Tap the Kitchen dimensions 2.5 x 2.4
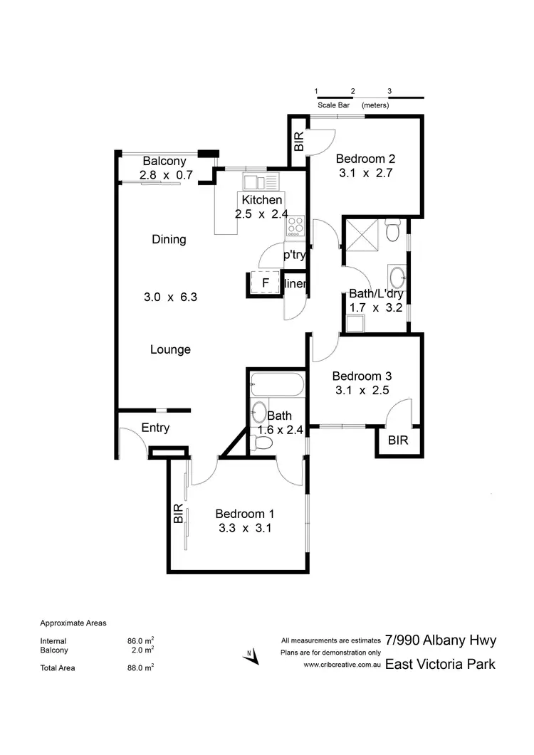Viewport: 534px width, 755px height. click(261, 213)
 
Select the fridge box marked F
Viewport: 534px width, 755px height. click(265, 283)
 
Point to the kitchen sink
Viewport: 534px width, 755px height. click(253, 181)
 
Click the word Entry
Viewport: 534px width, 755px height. click(155, 428)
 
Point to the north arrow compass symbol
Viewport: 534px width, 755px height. click(249, 656)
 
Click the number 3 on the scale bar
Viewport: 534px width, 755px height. click(389, 91)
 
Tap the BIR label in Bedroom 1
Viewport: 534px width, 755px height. click(178, 514)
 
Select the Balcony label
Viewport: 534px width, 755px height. click(164, 161)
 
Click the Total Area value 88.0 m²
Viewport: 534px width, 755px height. click(140, 667)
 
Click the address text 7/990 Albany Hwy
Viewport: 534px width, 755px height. click(440, 640)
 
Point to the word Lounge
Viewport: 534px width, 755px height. click(170, 349)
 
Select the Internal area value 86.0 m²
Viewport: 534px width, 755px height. click(140, 640)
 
